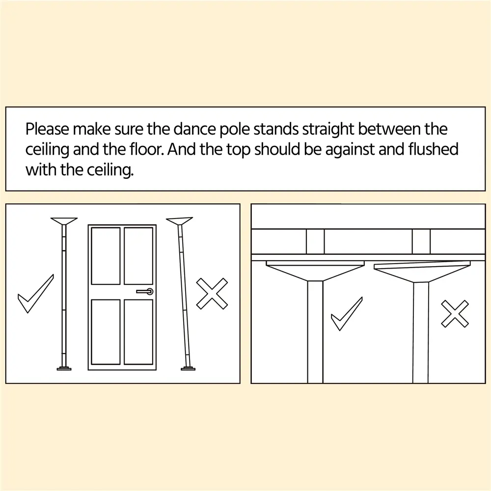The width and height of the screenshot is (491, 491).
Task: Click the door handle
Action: [145, 292]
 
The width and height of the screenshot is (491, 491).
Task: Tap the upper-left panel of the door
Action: [106, 256]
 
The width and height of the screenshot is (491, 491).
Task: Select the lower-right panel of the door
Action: [138, 332]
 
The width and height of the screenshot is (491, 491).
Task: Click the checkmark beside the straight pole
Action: [36, 294]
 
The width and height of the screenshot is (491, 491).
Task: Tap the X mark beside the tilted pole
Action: [212, 294]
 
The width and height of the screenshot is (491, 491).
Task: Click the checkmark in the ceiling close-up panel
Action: [347, 314]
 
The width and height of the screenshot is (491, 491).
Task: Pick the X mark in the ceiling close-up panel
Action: [455, 314]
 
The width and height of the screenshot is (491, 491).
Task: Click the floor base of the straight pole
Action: [64, 368]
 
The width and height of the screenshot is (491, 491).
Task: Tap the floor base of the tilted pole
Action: [188, 368]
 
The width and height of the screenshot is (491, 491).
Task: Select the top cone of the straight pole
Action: [64, 221]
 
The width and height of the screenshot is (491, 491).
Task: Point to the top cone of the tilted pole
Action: [179, 221]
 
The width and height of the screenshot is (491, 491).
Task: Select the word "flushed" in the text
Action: [434, 149]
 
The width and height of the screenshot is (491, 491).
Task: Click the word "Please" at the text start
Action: [47, 129]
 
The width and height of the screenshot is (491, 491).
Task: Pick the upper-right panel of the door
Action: [138, 256]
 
